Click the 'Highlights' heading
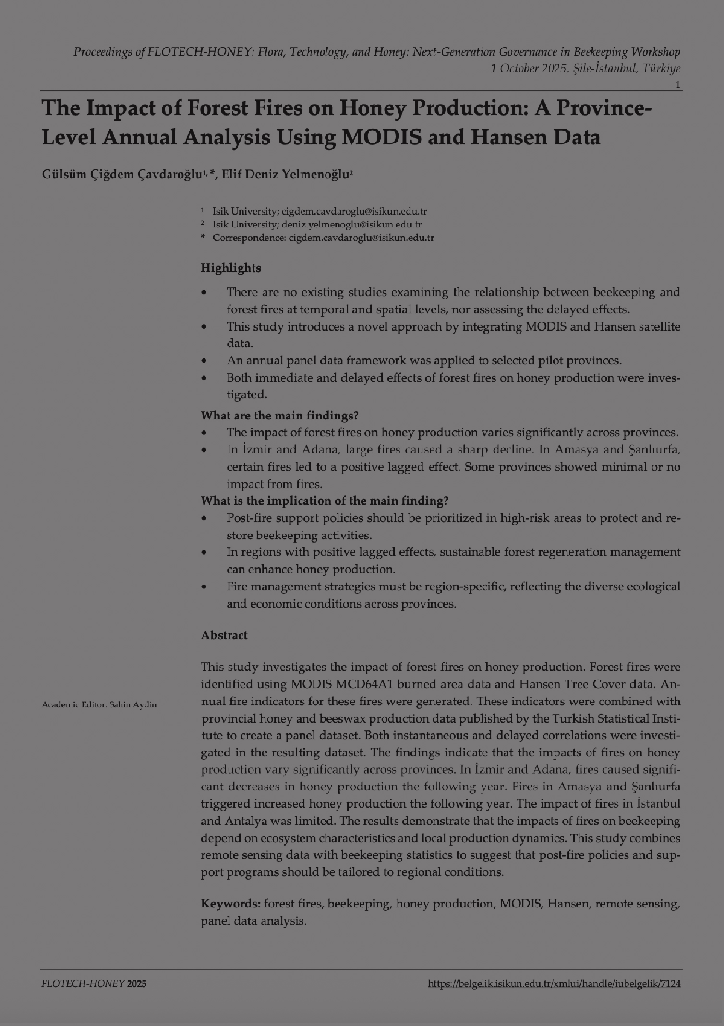[x=230, y=268]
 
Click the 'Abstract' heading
[x=224, y=635]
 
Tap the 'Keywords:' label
[x=230, y=904]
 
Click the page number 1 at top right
[x=678, y=85]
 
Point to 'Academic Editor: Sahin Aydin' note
[x=99, y=704]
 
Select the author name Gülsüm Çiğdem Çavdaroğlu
[x=122, y=174]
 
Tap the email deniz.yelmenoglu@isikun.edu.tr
[x=351, y=224]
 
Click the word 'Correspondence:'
[x=249, y=238]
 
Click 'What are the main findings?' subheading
[x=279, y=415]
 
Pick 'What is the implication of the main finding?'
[x=324, y=501]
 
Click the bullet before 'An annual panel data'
[x=205, y=360]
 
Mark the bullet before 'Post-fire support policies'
[x=205, y=519]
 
